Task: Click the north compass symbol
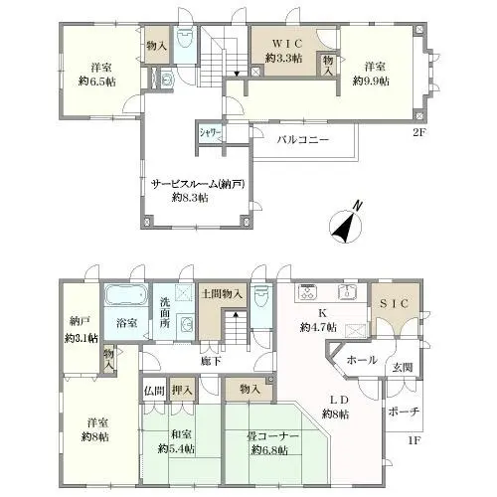pyautogui.click(x=346, y=226)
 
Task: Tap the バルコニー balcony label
pyautogui.click(x=303, y=139)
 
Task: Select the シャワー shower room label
pyautogui.click(x=210, y=133)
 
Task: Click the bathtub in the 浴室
pyautogui.click(x=125, y=295)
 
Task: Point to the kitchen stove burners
pyautogui.click(x=308, y=292)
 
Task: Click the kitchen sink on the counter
pyautogui.click(x=347, y=292)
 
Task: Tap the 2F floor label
pyautogui.click(x=418, y=132)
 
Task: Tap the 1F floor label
pyautogui.click(x=414, y=440)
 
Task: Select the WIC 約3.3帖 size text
pyautogui.click(x=284, y=59)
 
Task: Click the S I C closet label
pyautogui.click(x=394, y=303)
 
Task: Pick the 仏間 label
pyautogui.click(x=154, y=391)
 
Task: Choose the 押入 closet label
pyautogui.click(x=182, y=390)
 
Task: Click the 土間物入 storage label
pyautogui.click(x=222, y=293)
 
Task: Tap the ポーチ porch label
pyautogui.click(x=404, y=412)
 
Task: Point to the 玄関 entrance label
pyautogui.click(x=403, y=367)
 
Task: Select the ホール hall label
pyautogui.click(x=362, y=360)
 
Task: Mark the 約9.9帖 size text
pyautogui.click(x=371, y=82)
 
